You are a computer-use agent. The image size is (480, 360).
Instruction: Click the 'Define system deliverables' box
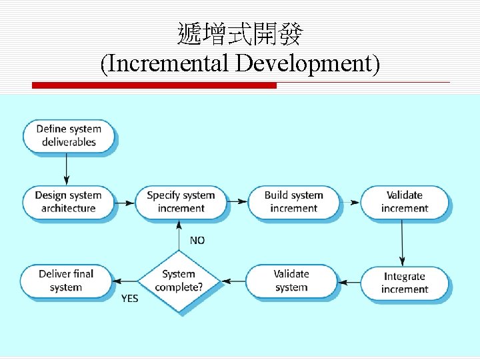point(68,135)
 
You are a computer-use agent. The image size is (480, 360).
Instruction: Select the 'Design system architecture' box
point(68,201)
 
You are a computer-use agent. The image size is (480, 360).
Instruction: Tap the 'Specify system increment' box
point(180,201)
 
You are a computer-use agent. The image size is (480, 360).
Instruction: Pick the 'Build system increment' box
point(293,201)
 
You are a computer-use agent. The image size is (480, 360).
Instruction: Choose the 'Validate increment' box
point(404,201)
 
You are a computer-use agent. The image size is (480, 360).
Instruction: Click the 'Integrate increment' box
point(404,283)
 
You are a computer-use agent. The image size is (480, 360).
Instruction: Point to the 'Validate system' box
point(291,281)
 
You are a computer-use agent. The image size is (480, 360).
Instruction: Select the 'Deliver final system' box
point(65,281)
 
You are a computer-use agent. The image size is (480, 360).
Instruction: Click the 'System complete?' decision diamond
point(179,281)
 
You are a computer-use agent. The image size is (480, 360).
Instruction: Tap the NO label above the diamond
point(197,240)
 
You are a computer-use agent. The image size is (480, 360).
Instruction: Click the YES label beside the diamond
point(129,299)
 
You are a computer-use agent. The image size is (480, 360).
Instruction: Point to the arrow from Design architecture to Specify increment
point(125,201)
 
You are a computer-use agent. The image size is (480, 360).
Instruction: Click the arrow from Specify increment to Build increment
point(237,201)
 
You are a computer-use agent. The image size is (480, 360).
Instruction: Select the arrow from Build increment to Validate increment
point(349,201)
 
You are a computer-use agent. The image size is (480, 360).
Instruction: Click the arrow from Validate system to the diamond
point(233,281)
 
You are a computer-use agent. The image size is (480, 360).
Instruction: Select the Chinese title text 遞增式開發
point(240,33)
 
